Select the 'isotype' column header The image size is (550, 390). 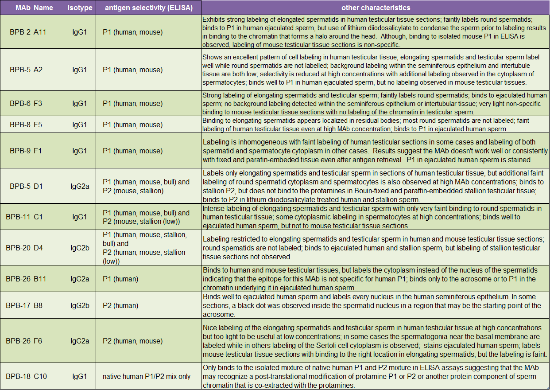pos(80,8)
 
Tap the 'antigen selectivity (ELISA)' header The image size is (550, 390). pos(148,8)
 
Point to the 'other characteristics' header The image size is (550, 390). pos(376,8)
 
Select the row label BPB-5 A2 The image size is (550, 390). pos(26,70)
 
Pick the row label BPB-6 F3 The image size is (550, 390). pos(26,104)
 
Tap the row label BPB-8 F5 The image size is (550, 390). pos(26,125)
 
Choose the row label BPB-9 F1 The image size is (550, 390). pos(26,151)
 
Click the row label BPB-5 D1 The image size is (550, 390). pos(26,186)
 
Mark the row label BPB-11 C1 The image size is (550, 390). pos(24,217)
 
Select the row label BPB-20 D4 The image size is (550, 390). pos(24,248)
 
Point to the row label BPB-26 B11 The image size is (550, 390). pos(26,279)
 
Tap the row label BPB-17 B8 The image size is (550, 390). pos(24,305)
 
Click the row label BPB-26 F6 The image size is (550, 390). pos(24,341)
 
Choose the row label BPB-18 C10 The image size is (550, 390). pos(26,376)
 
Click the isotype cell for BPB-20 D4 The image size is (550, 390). pos(80,248)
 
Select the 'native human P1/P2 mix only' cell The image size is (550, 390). pos(147,376)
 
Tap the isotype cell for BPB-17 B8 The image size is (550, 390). pos(80,305)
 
